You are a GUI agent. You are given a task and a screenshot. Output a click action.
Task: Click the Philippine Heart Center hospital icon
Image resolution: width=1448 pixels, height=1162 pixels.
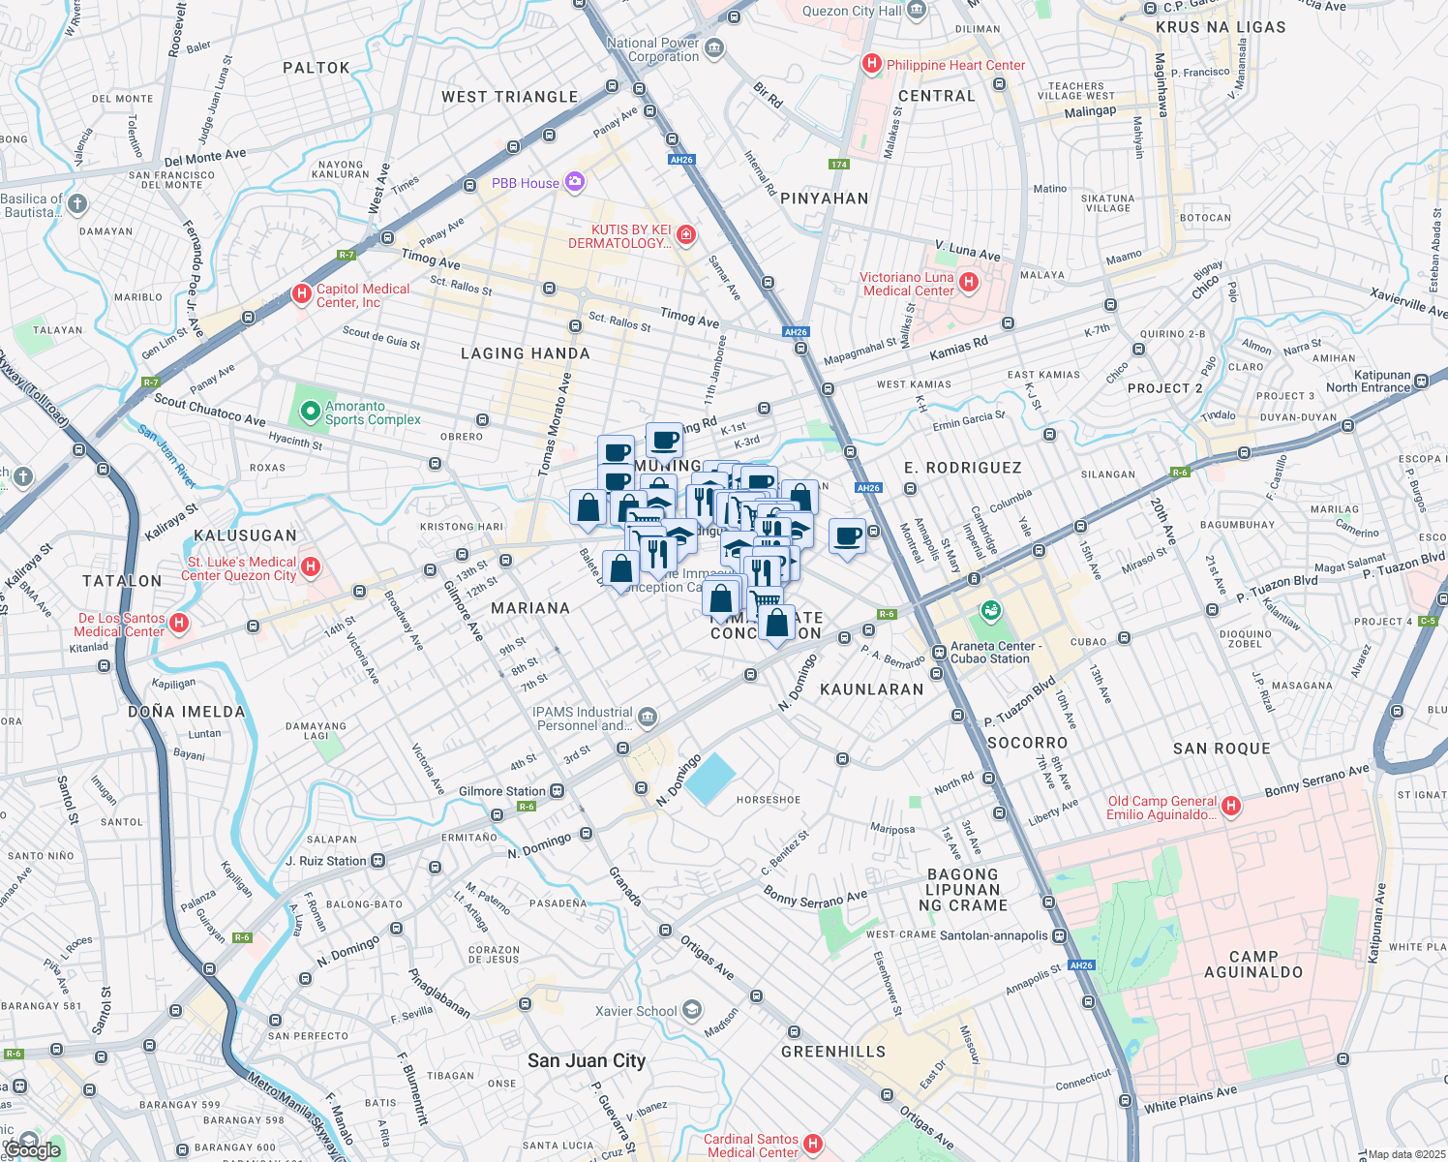click(x=871, y=65)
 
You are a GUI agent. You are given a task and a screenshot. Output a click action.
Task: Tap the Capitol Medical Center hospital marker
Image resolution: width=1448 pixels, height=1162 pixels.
click(x=301, y=293)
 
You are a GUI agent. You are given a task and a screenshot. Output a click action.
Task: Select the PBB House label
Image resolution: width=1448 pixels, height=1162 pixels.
click(x=526, y=183)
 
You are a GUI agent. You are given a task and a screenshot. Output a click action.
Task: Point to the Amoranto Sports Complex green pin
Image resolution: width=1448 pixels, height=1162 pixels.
click(x=310, y=413)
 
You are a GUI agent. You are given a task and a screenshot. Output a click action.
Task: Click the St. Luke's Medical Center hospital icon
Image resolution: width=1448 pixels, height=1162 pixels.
click(x=311, y=566)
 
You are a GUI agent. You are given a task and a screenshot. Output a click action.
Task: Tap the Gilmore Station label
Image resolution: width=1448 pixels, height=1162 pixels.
click(x=502, y=791)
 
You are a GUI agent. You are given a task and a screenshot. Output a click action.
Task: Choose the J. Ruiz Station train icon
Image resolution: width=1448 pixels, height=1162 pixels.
click(x=377, y=861)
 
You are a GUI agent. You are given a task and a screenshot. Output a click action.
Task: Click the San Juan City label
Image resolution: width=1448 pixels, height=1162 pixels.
click(x=587, y=1060)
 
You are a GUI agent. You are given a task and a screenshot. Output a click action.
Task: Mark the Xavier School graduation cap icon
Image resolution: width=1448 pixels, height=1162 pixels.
click(x=691, y=1011)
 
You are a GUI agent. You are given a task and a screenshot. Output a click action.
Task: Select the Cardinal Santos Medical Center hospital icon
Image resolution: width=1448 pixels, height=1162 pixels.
click(x=813, y=1145)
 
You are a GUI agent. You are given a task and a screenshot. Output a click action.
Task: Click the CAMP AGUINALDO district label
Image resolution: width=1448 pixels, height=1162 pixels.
click(x=1253, y=963)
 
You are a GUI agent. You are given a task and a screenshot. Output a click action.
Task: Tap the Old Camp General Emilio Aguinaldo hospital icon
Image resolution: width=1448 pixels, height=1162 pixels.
click(x=1230, y=806)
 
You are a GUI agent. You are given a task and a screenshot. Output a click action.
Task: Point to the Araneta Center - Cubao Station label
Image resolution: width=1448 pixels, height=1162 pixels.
click(x=996, y=652)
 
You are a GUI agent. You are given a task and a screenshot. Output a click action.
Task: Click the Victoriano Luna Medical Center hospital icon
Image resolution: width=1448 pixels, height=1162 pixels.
click(x=969, y=283)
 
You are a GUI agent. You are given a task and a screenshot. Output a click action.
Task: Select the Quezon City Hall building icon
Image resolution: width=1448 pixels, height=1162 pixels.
click(x=918, y=11)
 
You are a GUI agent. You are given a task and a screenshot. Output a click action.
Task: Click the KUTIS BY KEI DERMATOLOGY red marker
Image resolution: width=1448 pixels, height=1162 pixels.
click(x=685, y=235)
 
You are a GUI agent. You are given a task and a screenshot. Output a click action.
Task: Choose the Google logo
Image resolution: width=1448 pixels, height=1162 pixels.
click(x=33, y=1149)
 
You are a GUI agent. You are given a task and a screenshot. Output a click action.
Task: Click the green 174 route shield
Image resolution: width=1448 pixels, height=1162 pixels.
click(x=839, y=164)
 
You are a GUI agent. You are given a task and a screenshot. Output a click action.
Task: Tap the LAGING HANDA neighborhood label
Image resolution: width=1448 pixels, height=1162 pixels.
click(x=526, y=353)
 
